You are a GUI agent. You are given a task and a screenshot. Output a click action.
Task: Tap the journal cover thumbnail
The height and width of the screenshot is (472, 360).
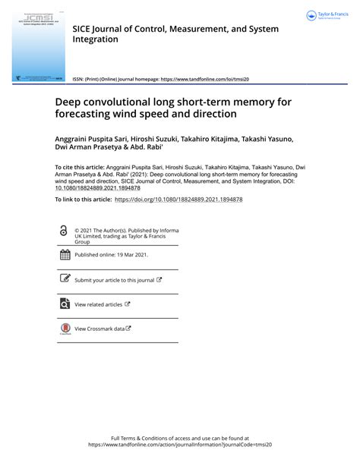tap(38, 46)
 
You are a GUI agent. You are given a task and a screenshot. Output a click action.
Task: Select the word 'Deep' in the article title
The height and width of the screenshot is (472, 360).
tap(69, 101)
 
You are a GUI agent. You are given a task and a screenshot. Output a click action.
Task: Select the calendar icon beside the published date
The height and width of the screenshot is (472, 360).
tap(64, 255)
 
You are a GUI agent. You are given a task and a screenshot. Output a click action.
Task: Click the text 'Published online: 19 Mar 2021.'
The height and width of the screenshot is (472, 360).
tap(111, 256)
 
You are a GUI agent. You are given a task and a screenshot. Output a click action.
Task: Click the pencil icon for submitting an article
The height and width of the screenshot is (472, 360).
tap(64, 279)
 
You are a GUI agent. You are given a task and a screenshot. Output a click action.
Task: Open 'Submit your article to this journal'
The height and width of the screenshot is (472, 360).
tap(115, 280)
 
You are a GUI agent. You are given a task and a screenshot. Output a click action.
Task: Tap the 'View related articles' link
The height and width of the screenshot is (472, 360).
tap(99, 304)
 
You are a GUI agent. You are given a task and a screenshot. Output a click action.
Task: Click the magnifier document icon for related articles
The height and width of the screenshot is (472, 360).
tap(64, 304)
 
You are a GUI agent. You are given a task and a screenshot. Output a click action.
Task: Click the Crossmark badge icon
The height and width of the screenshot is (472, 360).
tap(64, 329)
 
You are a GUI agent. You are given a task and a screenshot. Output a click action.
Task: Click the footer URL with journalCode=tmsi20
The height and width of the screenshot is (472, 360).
tap(180, 445)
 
